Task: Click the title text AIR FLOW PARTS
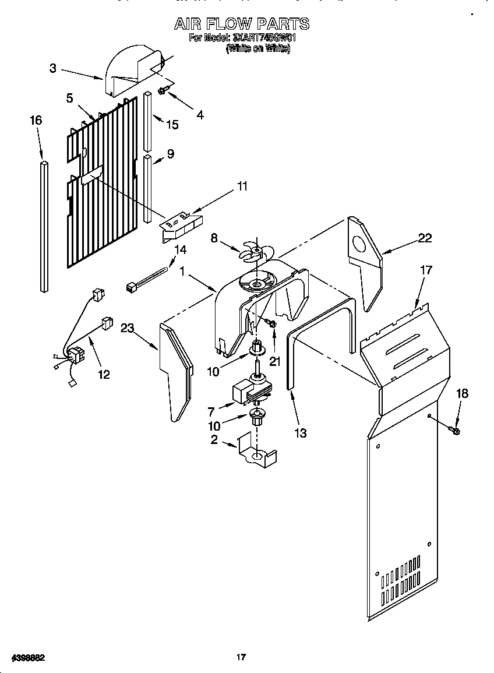coord(242,24)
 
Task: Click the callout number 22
coord(425,237)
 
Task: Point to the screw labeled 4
coord(163,91)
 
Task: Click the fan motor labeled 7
coord(250,390)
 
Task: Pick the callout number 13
coord(301,433)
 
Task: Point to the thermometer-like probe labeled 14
coord(148,278)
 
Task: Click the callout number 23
coord(128,328)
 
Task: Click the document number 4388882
coord(24,657)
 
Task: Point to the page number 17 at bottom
coord(241,657)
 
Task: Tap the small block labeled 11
coord(181,223)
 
